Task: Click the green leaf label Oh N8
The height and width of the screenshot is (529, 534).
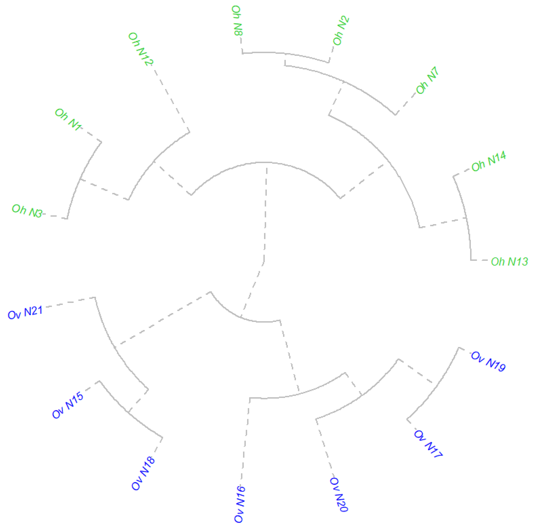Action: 237,21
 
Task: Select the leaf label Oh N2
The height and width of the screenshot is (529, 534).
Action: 341,31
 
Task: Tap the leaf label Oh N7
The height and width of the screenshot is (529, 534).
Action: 427,80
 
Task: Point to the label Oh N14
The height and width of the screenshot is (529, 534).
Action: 489,161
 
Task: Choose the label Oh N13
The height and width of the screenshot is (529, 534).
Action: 509,261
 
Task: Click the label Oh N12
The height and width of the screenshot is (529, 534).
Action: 140,49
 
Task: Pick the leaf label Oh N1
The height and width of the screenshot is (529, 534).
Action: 68,119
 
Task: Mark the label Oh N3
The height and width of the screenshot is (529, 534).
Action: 27,211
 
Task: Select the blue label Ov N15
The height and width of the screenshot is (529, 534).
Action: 68,405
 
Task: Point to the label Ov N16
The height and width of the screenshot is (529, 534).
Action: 239,504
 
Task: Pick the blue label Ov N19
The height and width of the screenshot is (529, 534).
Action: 488,361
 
